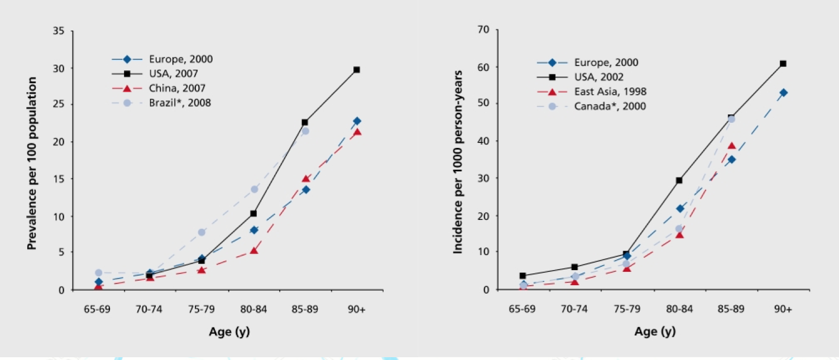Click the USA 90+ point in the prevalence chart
pos(356,70)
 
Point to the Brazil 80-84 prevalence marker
pos(254,189)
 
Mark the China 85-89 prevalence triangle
pos(305,179)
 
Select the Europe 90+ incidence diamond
pos(783,93)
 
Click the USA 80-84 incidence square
pos(679,180)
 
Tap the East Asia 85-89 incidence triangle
pos(731,146)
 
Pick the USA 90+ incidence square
pos(783,64)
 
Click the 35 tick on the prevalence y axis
pos(59,31)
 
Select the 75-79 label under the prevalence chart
pos(202,310)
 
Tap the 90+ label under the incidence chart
pos(783,310)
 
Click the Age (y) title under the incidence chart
pos(655,332)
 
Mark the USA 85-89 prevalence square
pos(305,122)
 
